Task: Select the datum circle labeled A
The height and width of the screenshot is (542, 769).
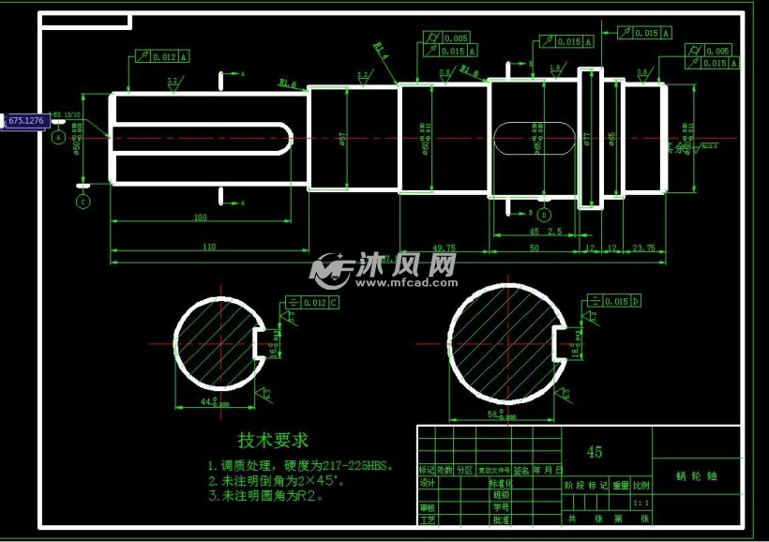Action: pyautogui.click(x=58, y=137)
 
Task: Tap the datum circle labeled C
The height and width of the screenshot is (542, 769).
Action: pyautogui.click(x=83, y=201)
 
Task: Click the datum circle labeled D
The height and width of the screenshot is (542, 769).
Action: pyautogui.click(x=543, y=215)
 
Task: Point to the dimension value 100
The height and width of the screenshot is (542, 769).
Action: pyautogui.click(x=201, y=218)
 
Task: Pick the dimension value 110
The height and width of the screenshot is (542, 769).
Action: pyautogui.click(x=208, y=247)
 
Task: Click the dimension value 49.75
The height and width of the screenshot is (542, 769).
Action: pyautogui.click(x=444, y=248)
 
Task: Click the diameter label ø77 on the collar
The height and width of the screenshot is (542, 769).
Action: pyautogui.click(x=587, y=141)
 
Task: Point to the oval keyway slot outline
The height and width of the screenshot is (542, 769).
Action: pyautogui.click(x=533, y=138)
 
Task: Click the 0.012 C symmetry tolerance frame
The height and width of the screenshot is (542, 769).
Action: pyautogui.click(x=313, y=303)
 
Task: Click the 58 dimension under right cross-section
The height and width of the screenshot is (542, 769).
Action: pyautogui.click(x=497, y=413)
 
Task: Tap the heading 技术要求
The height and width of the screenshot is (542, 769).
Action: pyautogui.click(x=273, y=440)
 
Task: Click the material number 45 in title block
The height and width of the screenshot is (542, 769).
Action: pyautogui.click(x=595, y=452)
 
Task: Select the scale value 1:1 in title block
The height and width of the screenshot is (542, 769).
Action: pyautogui.click(x=641, y=502)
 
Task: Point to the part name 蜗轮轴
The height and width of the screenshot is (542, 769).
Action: pyautogui.click(x=696, y=475)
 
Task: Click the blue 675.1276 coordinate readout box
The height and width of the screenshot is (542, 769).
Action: pyautogui.click(x=25, y=121)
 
